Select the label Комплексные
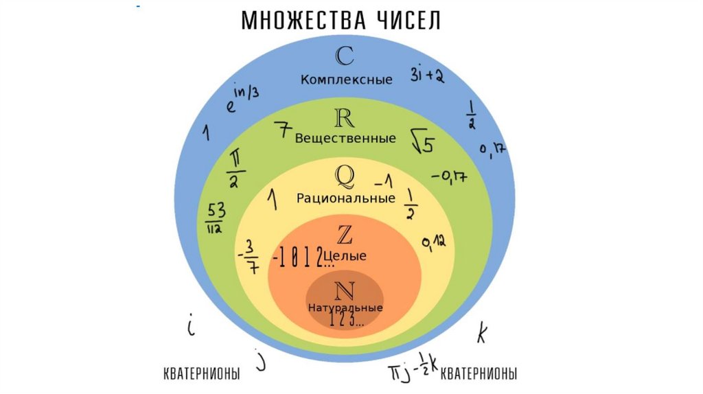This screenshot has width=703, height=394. (346, 80)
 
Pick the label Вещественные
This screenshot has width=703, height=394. (345, 139)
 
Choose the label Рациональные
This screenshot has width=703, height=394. (346, 198)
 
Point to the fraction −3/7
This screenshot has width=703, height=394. (250, 256)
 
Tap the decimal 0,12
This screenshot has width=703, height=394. (434, 242)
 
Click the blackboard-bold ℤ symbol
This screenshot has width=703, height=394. (345, 235)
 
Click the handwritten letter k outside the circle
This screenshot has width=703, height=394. (482, 334)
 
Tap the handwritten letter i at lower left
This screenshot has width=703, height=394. (192, 325)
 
